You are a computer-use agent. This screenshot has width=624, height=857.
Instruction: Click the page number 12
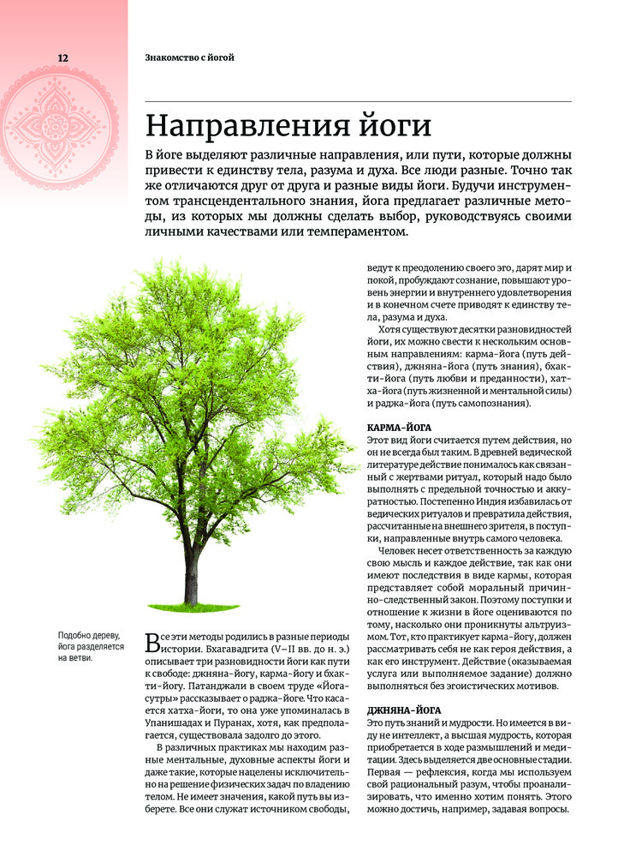(39, 57)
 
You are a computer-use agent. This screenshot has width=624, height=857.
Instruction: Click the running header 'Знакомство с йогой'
(189, 57)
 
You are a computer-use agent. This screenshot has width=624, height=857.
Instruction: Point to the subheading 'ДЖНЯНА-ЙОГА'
(404, 711)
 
